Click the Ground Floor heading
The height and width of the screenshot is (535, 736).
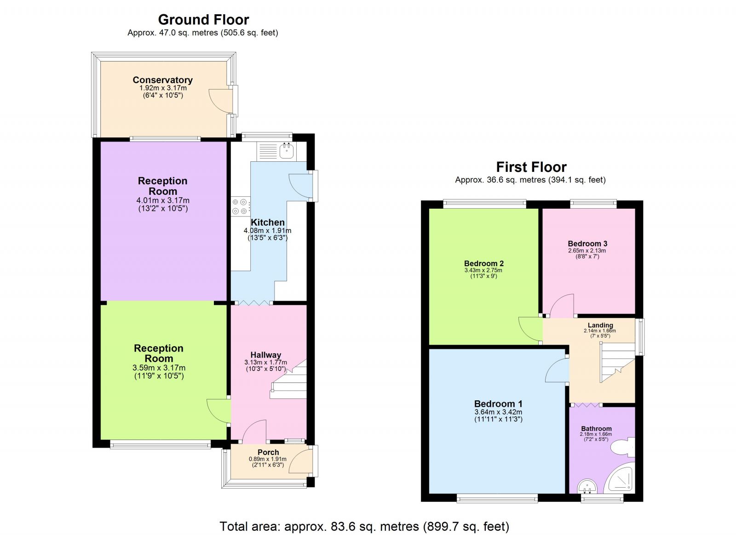coord(203,20)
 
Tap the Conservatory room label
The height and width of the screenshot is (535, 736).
coord(162,80)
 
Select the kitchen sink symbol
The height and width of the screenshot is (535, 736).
coord(287,150)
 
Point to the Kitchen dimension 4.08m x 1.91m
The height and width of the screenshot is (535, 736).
coord(267,231)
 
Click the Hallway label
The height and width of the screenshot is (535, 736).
coord(265,355)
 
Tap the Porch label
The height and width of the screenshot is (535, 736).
coord(268,452)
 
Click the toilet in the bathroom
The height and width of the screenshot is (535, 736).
coord(626,447)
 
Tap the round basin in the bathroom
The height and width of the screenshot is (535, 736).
coord(586,486)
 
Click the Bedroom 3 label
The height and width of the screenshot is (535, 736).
coord(587,244)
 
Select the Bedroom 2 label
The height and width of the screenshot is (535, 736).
coord(483,263)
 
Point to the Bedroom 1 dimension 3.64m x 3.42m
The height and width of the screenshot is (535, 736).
coord(498,412)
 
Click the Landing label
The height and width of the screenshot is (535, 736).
coord(600,325)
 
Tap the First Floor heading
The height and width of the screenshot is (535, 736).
coord(531,167)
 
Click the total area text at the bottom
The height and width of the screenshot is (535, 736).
coord(364,526)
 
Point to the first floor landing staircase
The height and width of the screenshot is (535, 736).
coord(616,361)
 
